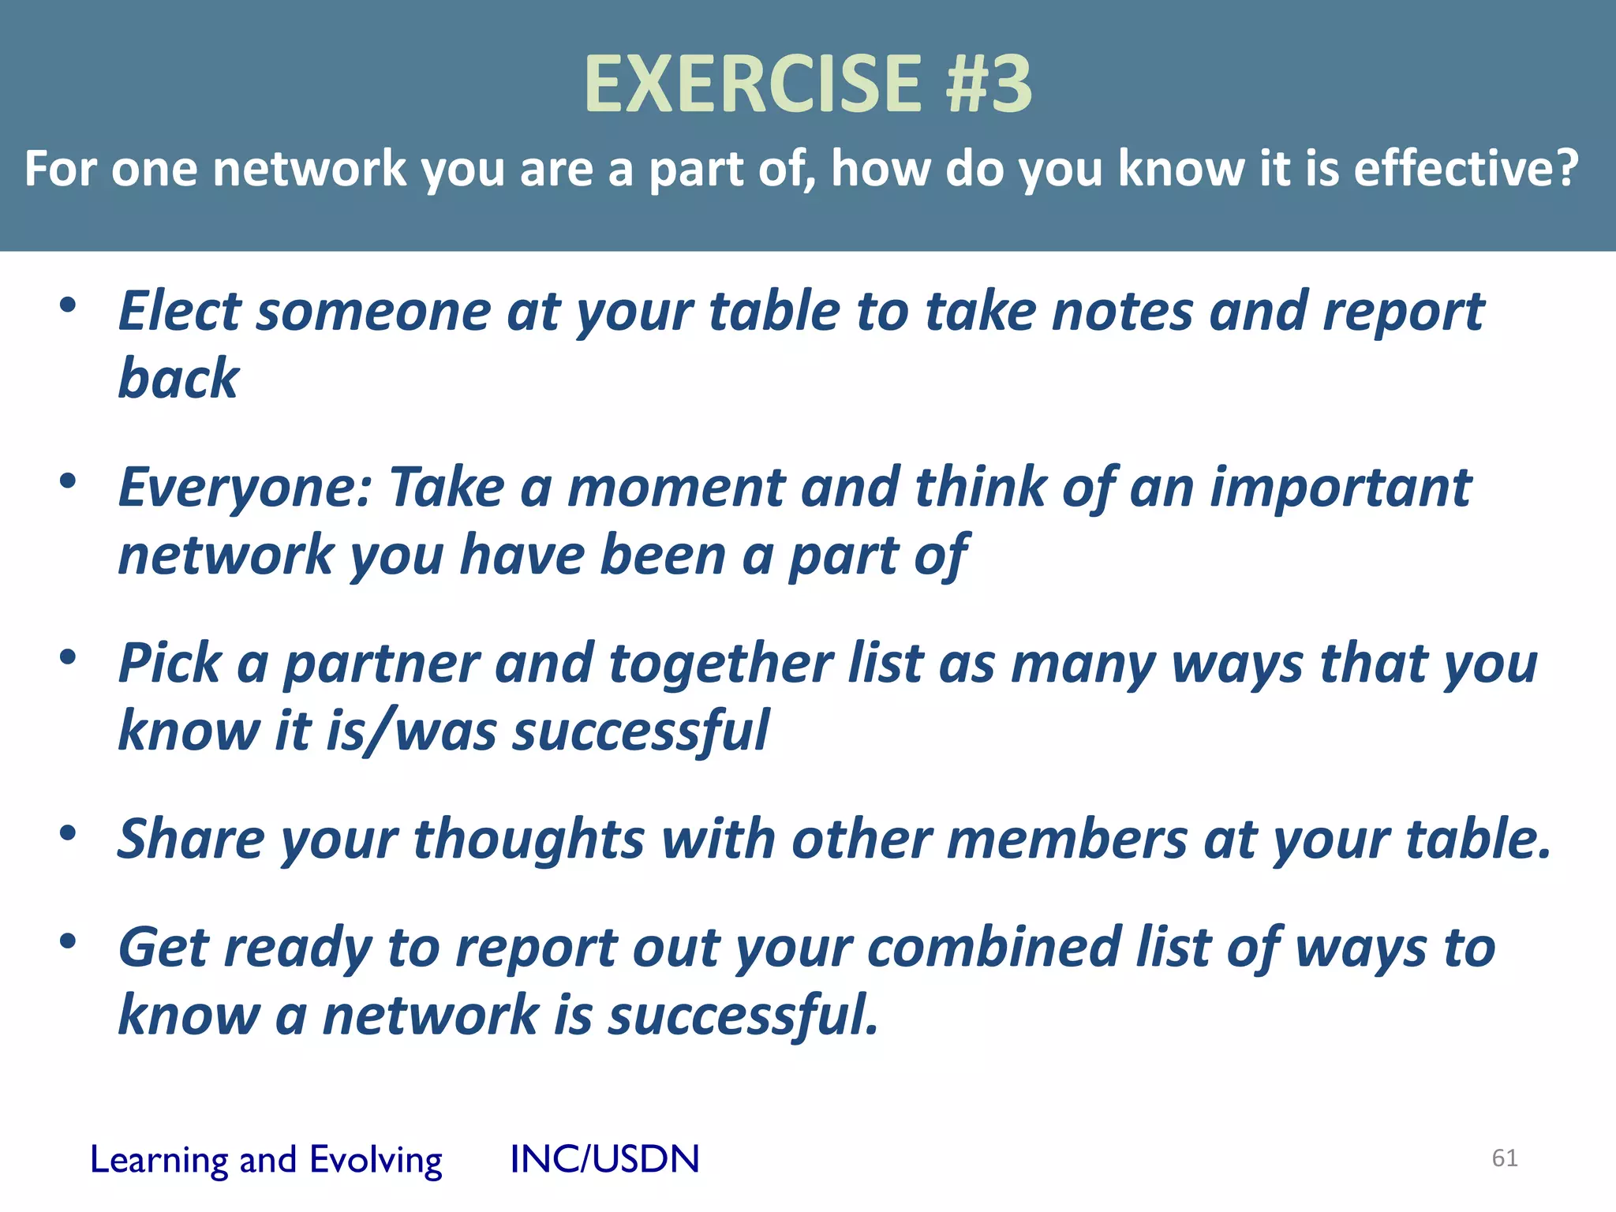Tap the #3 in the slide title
click(x=989, y=84)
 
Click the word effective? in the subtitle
click(x=1466, y=169)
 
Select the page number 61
click(x=1504, y=1158)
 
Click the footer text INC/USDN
click(x=604, y=1159)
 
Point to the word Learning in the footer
click(x=158, y=1161)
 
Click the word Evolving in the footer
click(x=376, y=1161)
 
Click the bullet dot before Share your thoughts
click(x=68, y=832)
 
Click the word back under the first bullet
click(x=178, y=379)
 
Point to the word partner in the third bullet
click(x=381, y=664)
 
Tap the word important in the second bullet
click(x=1340, y=487)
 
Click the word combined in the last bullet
click(x=993, y=947)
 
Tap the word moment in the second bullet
click(x=676, y=487)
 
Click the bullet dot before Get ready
click(x=68, y=941)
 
